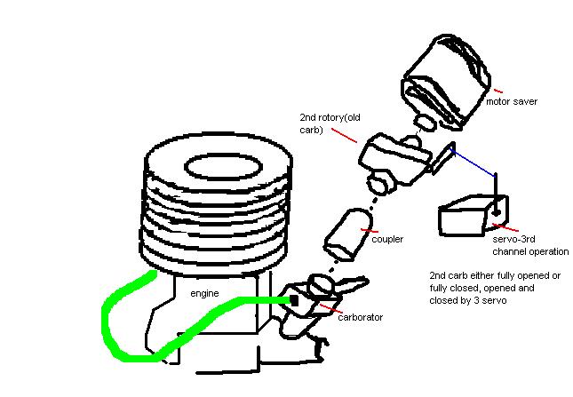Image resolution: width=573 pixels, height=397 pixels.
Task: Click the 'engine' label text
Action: pyautogui.click(x=204, y=294)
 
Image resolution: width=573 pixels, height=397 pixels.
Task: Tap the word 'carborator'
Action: pyautogui.click(x=361, y=317)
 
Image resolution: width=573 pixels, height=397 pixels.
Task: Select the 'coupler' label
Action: pyautogui.click(x=387, y=239)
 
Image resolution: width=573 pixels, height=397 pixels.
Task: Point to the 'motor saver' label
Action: pyautogui.click(x=512, y=101)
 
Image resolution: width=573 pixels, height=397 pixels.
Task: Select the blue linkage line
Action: pyautogui.click(x=473, y=163)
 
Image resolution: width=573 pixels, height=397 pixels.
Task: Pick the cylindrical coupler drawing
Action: pyautogui.click(x=347, y=234)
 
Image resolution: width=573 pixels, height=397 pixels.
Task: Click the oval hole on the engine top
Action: pyautogui.click(x=224, y=167)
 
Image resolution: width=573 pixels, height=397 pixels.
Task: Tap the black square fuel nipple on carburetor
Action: pyautogui.click(x=294, y=300)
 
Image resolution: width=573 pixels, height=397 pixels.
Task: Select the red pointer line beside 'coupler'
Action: pyautogui.click(x=370, y=230)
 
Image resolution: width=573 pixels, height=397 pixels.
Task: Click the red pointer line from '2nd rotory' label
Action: pyautogui.click(x=344, y=135)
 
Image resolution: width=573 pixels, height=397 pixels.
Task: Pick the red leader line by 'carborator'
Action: pyautogui.click(x=331, y=308)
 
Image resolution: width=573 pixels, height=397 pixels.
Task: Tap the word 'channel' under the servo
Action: pyautogui.click(x=509, y=251)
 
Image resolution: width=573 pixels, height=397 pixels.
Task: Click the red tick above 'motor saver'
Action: pyautogui.click(x=497, y=91)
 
